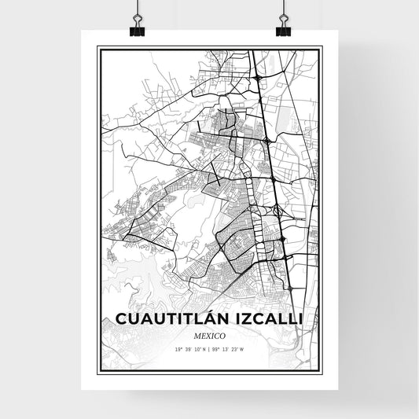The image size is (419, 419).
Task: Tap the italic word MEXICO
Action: [x=209, y=336]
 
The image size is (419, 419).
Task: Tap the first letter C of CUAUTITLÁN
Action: [x=121, y=319]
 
